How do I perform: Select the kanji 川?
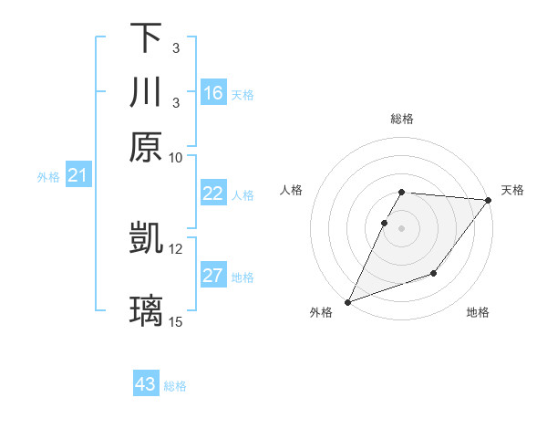coord(146,93)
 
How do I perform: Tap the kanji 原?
coord(146,147)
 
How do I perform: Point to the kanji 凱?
coord(146,238)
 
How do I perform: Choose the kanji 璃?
coord(146,311)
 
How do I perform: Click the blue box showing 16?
coord(213,93)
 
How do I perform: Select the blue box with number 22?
coord(213,194)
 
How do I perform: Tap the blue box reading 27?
coord(213,276)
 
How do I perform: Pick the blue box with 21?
coord(77,175)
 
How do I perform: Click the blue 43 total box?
coord(146,384)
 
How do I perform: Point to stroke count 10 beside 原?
coord(176,157)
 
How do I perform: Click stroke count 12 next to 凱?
coord(176,248)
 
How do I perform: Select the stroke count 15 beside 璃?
coord(176,321)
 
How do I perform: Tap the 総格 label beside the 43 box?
coord(175,386)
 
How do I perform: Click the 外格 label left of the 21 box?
coord(48,177)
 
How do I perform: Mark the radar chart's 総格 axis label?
coord(401,119)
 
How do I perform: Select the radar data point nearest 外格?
coord(347,301)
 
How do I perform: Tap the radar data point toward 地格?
coord(434,273)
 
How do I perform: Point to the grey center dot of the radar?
coord(401,228)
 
